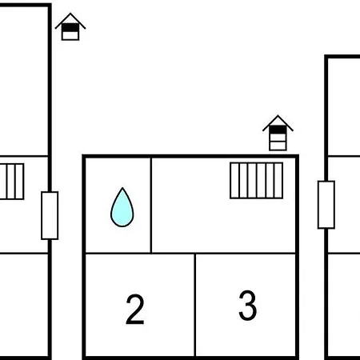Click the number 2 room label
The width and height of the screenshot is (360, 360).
click(135, 310)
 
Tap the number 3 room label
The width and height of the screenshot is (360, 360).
click(248, 306)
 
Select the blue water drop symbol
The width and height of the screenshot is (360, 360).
click(122, 207)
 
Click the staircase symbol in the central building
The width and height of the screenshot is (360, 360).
click(256, 181)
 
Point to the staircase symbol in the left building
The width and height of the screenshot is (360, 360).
click(12, 182)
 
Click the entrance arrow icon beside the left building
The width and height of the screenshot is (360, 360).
click(70, 26)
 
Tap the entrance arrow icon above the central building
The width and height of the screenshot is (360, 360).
click(278, 133)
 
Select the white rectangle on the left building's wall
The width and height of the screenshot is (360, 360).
click(50, 215)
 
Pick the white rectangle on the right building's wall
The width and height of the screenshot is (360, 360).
click(326, 205)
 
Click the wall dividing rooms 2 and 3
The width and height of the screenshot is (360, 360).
click(195, 305)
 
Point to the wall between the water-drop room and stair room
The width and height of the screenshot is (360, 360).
click(151, 205)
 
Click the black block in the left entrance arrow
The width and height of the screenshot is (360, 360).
click(70, 28)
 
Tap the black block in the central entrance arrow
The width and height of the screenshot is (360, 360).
click(278, 130)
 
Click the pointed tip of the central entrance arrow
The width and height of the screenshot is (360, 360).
click(278, 115)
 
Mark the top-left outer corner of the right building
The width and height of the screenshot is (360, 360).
click(325, 55)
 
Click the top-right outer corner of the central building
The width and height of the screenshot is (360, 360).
click(298, 154)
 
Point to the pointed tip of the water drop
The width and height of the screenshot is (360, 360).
click(122, 188)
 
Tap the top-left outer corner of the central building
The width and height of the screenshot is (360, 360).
click(82, 154)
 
